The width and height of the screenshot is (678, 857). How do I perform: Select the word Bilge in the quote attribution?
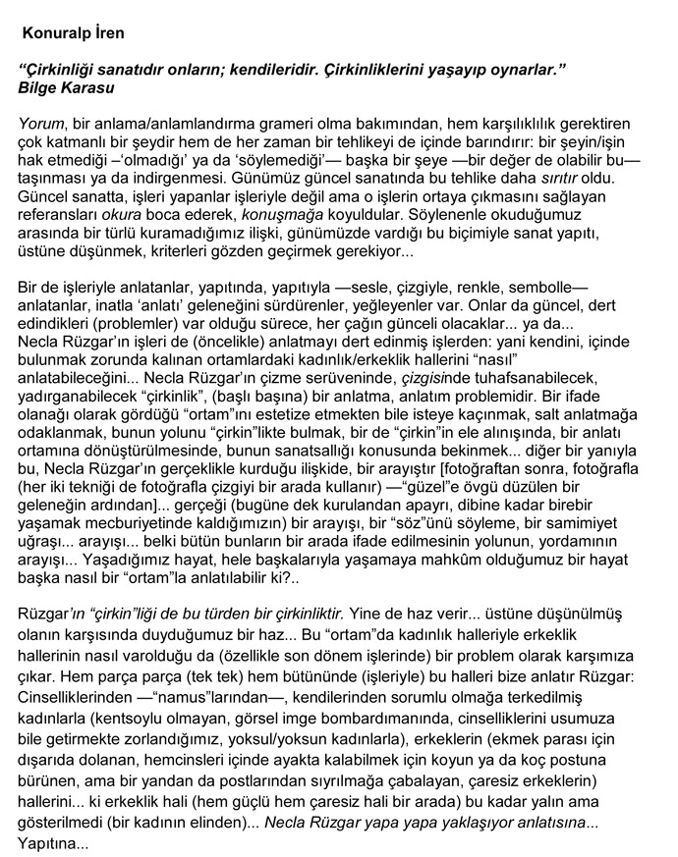click(40, 87)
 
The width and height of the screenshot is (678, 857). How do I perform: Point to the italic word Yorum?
click(41, 126)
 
